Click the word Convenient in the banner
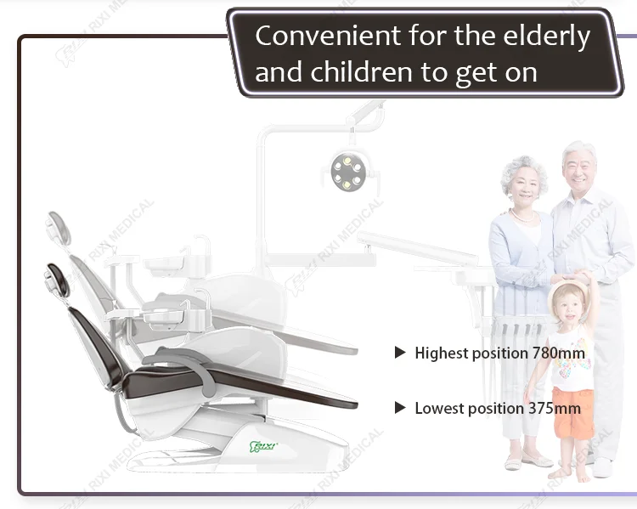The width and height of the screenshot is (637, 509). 328,36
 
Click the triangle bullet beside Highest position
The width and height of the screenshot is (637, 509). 400,353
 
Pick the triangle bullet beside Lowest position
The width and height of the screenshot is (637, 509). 400,408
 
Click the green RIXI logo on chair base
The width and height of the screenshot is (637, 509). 262,447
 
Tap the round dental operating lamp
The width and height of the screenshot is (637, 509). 347,171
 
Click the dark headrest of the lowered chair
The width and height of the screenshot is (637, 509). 56,280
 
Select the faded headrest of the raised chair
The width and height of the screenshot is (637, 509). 59,228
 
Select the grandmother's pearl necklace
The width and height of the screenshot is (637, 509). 523,216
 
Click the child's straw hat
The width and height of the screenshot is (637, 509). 568,290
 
